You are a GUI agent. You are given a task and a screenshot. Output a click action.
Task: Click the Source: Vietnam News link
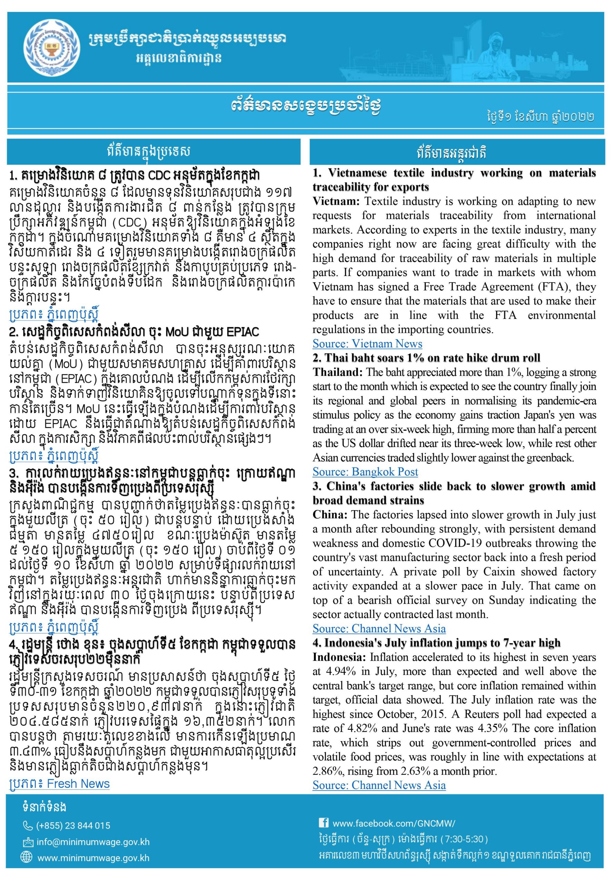click(x=367, y=344)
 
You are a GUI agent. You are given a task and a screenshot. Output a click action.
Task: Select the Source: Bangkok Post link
click(x=365, y=472)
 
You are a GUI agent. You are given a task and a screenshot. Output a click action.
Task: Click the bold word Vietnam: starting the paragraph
click(x=337, y=202)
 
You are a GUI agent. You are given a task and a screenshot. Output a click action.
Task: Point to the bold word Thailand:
click(x=338, y=372)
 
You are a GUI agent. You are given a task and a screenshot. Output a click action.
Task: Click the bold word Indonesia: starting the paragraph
click(x=339, y=657)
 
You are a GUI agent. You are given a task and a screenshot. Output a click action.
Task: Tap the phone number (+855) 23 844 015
click(x=73, y=826)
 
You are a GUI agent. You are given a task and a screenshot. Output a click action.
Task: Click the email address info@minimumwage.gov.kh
click(x=93, y=842)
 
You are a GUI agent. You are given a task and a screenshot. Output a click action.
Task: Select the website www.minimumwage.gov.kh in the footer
click(x=93, y=858)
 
